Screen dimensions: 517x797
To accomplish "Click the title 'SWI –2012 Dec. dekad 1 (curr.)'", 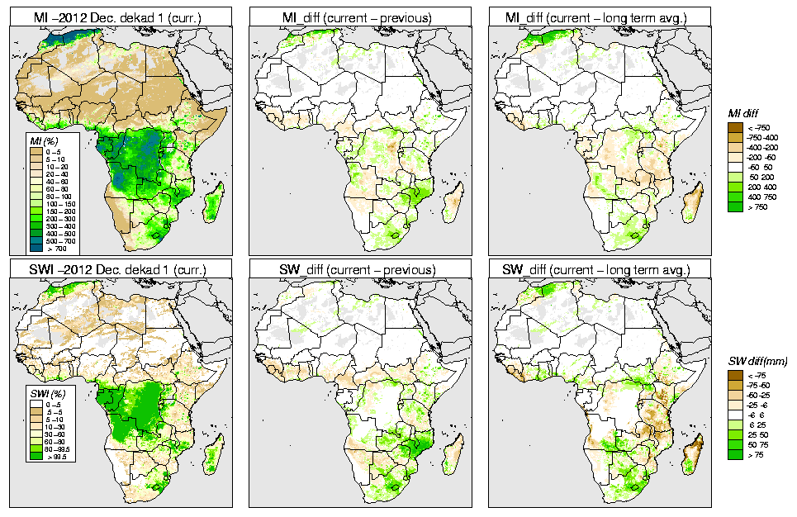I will [120, 270].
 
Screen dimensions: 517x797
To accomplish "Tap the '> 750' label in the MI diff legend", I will [757, 207].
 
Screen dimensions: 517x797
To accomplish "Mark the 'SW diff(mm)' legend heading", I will [757, 361].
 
